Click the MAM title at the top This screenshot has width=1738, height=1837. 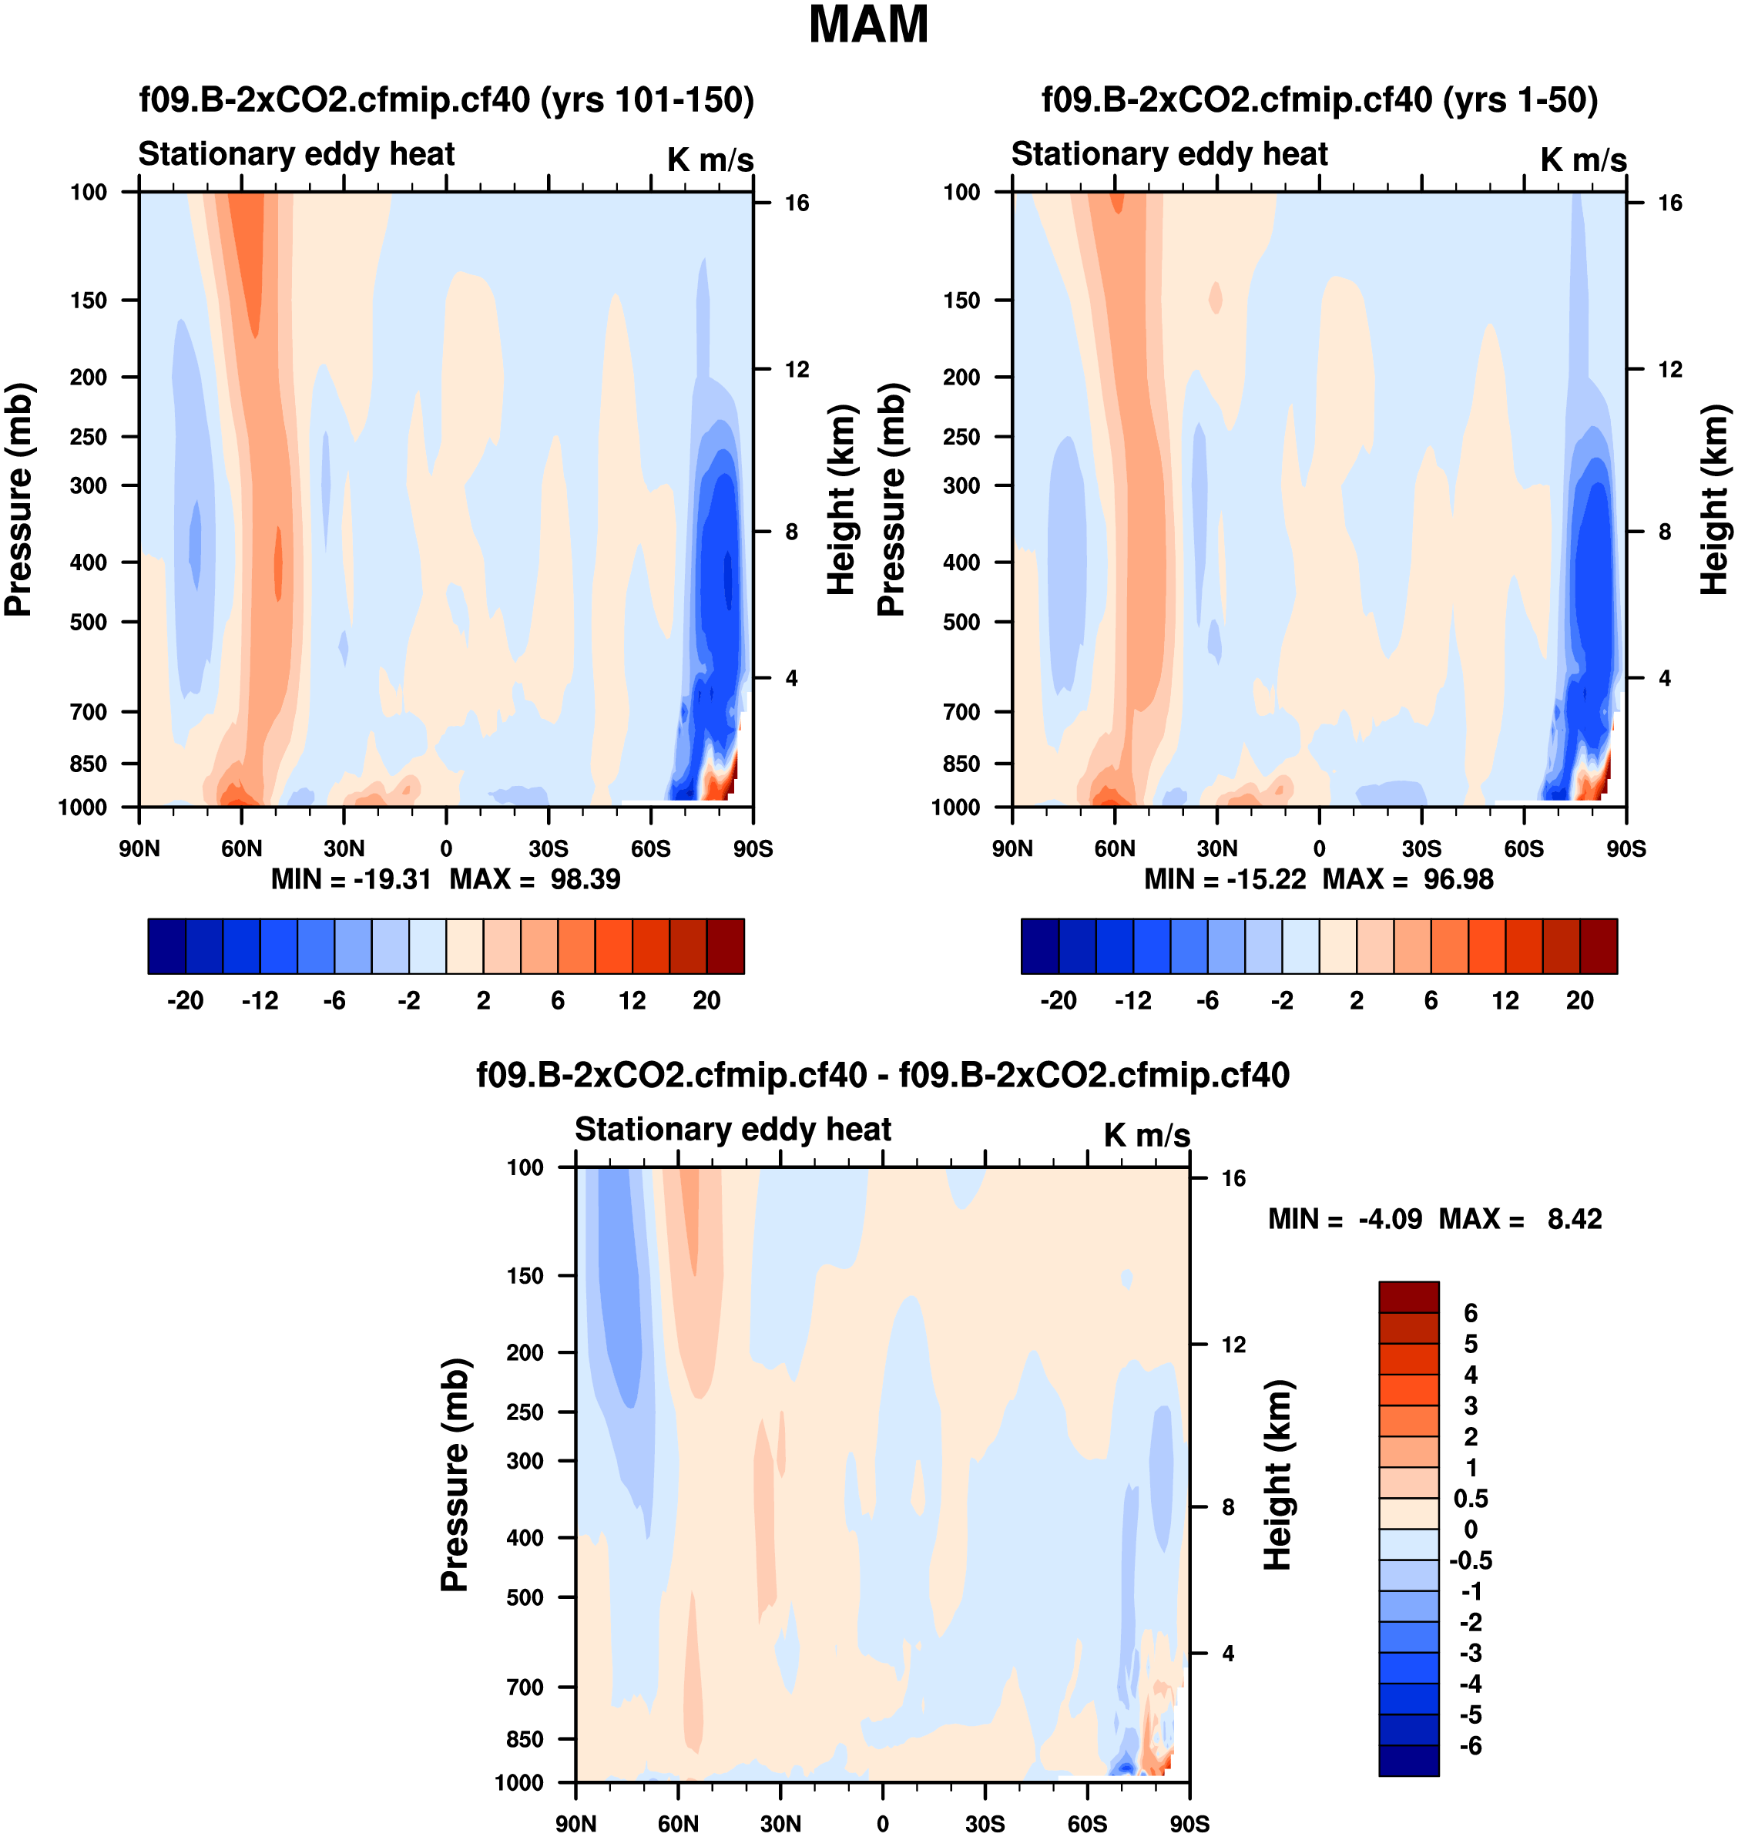pyautogui.click(x=868, y=25)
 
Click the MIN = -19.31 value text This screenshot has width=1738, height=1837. pyautogui.click(x=351, y=878)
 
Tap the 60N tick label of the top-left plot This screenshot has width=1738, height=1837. pyautogui.click(x=241, y=848)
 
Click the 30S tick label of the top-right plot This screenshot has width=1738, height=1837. pyautogui.click(x=1421, y=848)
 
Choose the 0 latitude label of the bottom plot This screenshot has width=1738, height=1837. pyautogui.click(x=882, y=1823)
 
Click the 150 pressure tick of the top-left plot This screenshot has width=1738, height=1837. pyautogui.click(x=88, y=301)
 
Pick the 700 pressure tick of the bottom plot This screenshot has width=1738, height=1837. pyautogui.click(x=525, y=1687)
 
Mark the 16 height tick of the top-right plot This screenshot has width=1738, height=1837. pyautogui.click(x=1669, y=203)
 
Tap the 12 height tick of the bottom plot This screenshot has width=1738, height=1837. pyautogui.click(x=1233, y=1344)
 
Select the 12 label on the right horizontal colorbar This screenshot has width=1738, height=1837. pyautogui.click(x=1505, y=1000)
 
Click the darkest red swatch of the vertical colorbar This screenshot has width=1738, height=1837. pyautogui.click(x=1408, y=1297)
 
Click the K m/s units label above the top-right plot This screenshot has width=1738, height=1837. pyautogui.click(x=1583, y=160)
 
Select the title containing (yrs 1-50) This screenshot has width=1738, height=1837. pyautogui.click(x=1319, y=99)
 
